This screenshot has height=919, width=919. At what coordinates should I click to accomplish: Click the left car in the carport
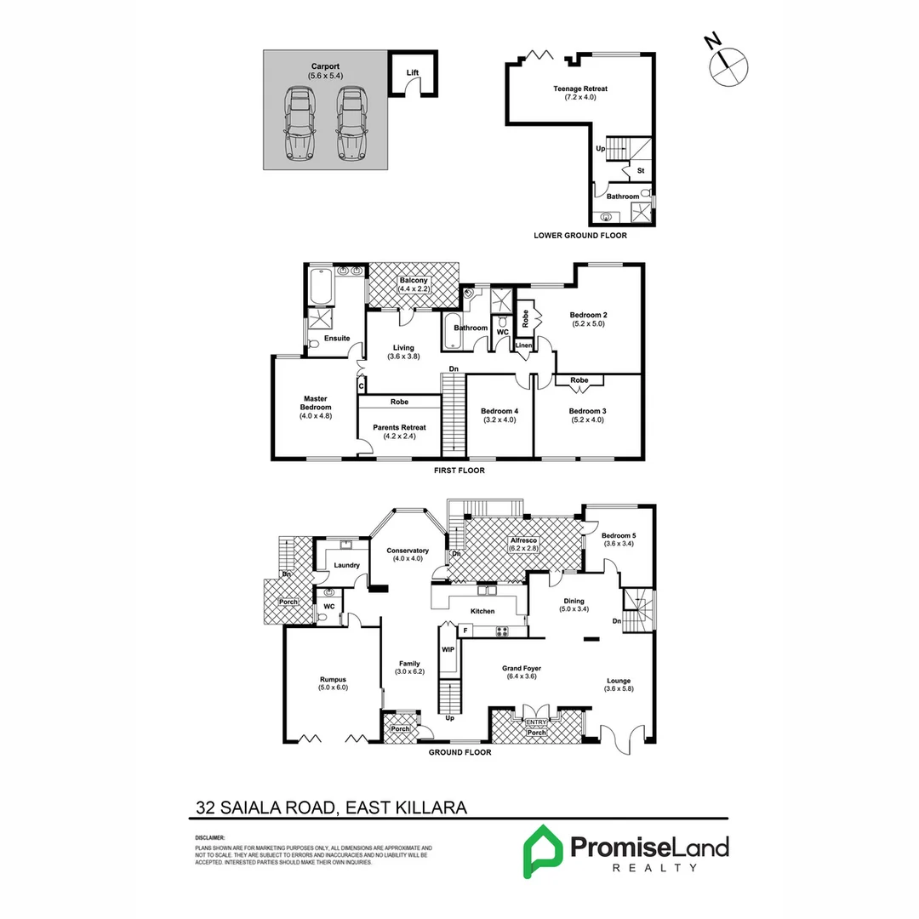[x=299, y=123]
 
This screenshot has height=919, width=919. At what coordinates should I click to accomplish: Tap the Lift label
[x=412, y=73]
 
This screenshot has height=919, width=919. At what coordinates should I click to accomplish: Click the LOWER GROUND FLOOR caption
[x=580, y=236]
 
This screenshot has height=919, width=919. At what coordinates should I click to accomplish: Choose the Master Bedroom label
[x=315, y=407]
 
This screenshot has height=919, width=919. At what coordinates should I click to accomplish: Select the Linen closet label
[x=522, y=345]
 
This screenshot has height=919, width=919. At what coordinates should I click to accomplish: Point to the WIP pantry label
[x=448, y=649]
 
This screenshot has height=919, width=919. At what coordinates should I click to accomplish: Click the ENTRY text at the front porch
[x=536, y=722]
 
